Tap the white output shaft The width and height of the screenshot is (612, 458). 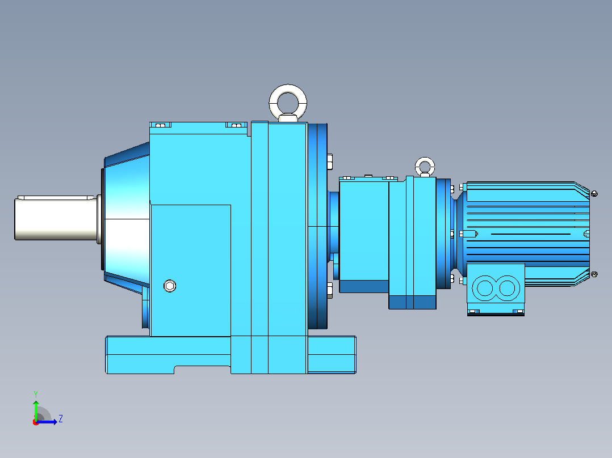[57, 218]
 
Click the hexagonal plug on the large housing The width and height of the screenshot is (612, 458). [170, 286]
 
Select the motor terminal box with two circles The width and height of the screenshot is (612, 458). [496, 289]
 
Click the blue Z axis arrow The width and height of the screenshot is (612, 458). [47, 422]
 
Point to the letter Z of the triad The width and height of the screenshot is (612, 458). [61, 419]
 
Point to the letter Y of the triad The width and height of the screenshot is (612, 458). [36, 394]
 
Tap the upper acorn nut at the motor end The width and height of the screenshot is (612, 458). [594, 193]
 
